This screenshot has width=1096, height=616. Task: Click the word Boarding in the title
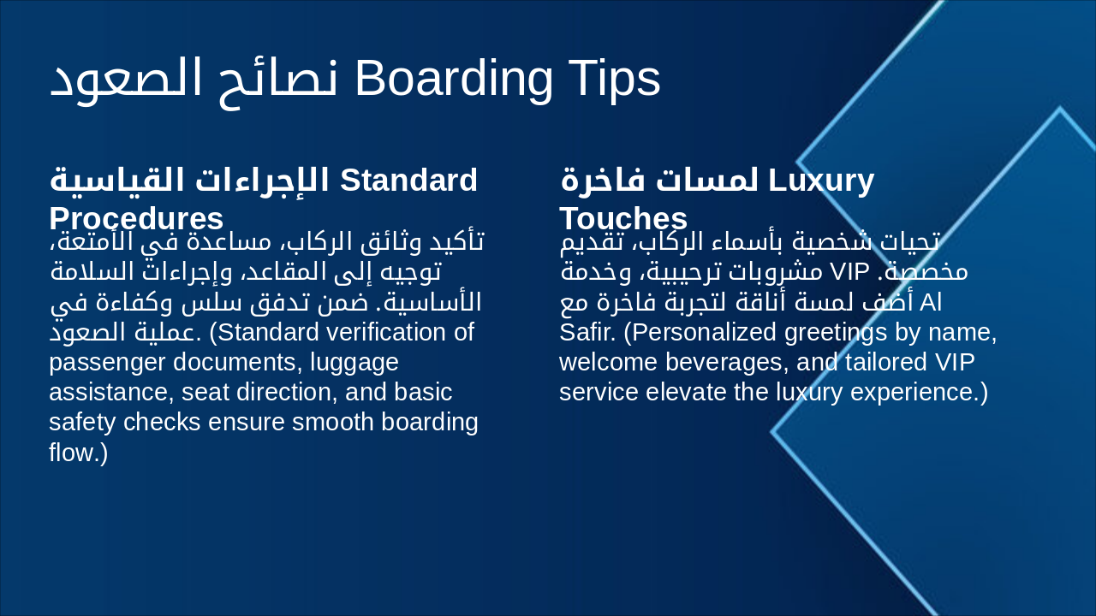[454, 79]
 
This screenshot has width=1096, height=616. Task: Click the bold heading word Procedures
[136, 218]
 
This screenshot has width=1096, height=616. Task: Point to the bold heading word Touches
[623, 218]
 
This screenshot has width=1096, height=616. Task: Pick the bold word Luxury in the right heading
[821, 181]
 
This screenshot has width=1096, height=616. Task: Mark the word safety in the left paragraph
[83, 423]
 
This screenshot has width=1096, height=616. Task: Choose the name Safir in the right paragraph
[580, 332]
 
